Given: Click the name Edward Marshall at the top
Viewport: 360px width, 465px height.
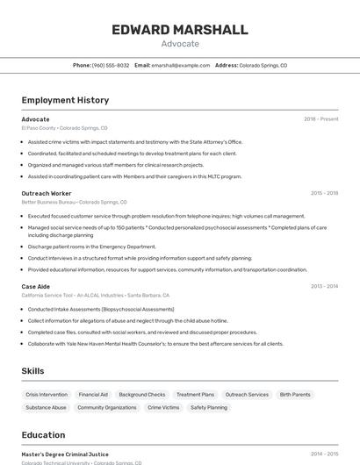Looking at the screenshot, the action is (x=179, y=30).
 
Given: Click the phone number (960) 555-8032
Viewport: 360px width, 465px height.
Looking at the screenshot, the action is (x=111, y=65).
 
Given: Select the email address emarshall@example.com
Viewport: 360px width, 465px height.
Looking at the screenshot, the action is (x=179, y=65).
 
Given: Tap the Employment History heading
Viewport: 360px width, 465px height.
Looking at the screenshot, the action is (x=65, y=100).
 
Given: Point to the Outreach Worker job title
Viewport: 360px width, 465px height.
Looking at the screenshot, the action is (x=47, y=193).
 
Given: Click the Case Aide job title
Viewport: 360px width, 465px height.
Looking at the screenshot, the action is (x=36, y=286).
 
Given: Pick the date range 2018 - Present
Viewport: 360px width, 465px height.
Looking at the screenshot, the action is (x=320, y=119).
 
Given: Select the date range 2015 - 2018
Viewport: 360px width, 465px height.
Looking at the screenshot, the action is (x=324, y=193).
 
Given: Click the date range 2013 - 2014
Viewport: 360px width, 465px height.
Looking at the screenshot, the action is (x=324, y=286).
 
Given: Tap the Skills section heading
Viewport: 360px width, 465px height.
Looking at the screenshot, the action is (x=32, y=371).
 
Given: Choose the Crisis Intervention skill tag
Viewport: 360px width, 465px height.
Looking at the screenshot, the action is (x=47, y=395).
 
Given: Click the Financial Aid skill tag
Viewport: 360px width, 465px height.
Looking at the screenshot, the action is (x=93, y=395).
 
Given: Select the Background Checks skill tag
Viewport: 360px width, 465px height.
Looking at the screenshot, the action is (x=142, y=395).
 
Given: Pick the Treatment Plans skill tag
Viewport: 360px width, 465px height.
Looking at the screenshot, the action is (x=195, y=395).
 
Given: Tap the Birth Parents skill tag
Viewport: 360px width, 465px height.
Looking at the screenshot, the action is (x=295, y=395).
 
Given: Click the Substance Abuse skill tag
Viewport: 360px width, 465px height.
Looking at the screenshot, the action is (x=46, y=408).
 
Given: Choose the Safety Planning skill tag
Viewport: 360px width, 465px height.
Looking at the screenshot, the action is (x=209, y=408).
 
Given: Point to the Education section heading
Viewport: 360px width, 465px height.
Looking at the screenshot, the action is (x=43, y=435).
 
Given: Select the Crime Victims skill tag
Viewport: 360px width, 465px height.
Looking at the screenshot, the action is (x=163, y=408).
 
